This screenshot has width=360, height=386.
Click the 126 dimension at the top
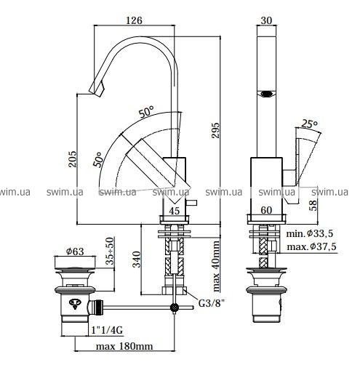(135, 20)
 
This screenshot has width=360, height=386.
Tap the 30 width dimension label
(266, 20)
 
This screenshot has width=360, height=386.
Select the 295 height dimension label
(216, 130)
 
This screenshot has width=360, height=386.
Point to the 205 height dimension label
(73, 159)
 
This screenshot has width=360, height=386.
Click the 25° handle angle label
(310, 124)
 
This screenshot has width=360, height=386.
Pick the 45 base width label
(175, 211)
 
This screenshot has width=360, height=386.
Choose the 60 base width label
(266, 210)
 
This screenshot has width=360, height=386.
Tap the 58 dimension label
(313, 205)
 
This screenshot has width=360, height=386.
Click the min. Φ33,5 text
(310, 233)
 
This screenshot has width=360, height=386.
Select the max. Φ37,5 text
(311, 246)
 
